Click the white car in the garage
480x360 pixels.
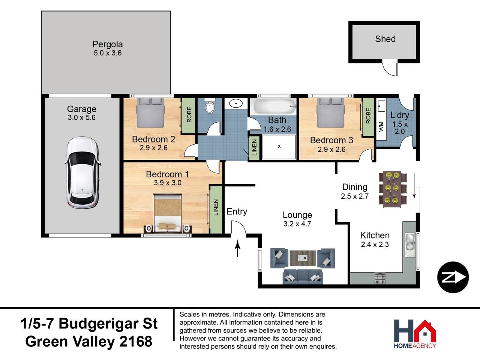coord(82,172)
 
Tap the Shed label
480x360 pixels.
coord(385,39)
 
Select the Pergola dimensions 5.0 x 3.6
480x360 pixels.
coord(108,53)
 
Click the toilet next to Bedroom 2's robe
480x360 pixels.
coord(210,106)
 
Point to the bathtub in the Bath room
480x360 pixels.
coord(273,106)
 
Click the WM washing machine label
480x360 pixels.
coord(381,126)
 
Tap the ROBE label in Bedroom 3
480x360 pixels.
coord(368,116)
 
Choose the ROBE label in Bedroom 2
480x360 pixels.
coord(189,114)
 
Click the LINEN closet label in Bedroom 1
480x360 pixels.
coord(216,207)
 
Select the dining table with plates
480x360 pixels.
coord(393,189)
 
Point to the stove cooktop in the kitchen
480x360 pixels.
coord(380,278)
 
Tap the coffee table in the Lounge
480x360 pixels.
coord(303,258)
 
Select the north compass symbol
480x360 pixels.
coord(453,277)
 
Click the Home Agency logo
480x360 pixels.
coord(415,334)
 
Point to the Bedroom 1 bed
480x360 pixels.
coord(168,213)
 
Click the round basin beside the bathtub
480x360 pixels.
coord(236,103)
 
